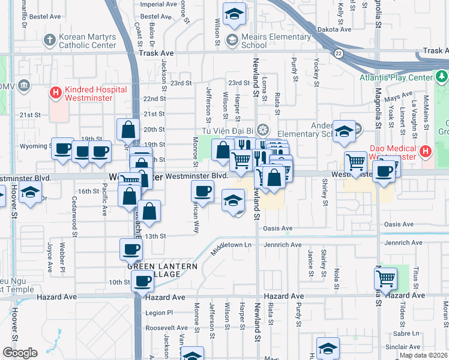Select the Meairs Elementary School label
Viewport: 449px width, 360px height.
[253, 41]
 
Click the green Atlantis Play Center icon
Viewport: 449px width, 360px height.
[442, 76]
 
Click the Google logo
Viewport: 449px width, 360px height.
[20, 353]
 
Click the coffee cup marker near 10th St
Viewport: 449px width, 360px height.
[143, 280]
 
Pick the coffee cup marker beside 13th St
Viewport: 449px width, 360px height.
[131, 248]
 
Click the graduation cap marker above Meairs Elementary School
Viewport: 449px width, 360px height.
[235, 14]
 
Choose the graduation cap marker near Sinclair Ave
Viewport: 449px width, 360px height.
[328, 349]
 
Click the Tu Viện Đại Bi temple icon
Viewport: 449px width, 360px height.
[262, 130]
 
